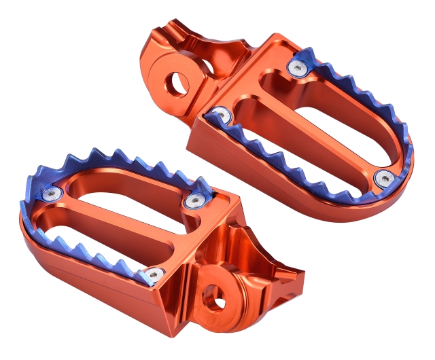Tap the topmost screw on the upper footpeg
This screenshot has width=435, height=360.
click(297, 67)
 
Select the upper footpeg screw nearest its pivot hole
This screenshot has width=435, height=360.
click(220, 115)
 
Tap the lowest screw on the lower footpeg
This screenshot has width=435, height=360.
click(154, 274)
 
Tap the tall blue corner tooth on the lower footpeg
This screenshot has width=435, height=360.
click(205, 185)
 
